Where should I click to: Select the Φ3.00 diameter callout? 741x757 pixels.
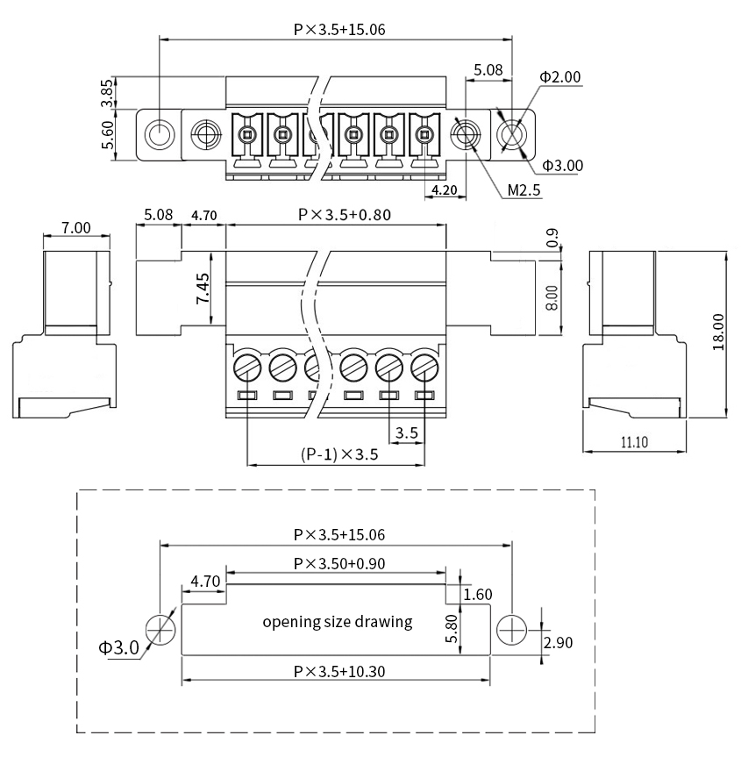point(562,165)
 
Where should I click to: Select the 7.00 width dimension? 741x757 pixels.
point(76,227)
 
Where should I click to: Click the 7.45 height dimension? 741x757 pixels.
point(203,289)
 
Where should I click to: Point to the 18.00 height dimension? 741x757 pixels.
point(719,333)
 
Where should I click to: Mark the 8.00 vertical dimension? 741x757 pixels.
point(552,298)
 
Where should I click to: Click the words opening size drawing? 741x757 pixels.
point(338,622)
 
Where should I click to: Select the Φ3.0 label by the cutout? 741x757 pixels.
point(118,648)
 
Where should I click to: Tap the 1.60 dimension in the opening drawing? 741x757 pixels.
point(478,595)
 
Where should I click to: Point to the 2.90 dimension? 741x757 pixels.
point(558,643)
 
